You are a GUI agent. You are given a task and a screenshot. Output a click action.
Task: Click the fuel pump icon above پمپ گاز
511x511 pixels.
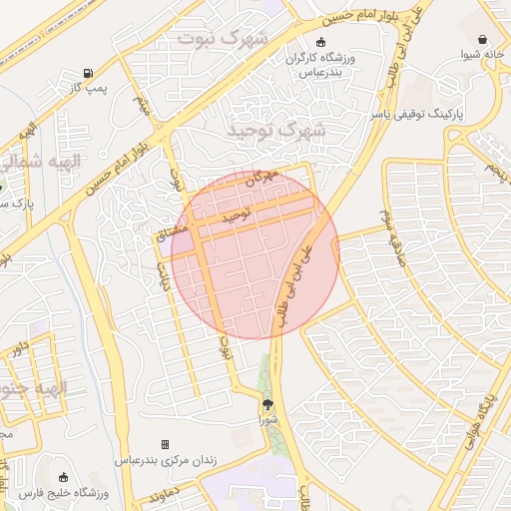[x=88, y=73]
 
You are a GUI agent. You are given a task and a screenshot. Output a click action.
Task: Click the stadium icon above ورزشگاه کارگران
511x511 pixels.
[x=320, y=42]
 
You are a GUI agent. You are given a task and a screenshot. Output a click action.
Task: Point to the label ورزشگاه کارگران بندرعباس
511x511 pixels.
[x=320, y=64]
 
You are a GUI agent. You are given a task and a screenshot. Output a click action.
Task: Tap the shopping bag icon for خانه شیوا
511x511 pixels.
[x=483, y=40]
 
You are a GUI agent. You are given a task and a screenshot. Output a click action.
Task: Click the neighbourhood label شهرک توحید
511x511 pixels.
[x=276, y=131]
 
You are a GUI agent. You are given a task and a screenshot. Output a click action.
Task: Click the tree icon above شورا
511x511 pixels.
[x=267, y=403]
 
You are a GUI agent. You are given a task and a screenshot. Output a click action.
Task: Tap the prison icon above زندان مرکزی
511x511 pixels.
[x=165, y=444]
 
